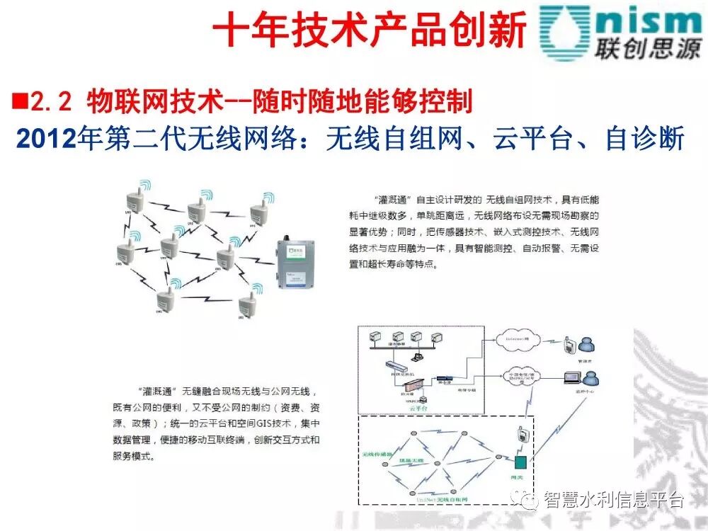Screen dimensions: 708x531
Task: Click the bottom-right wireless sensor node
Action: click(x=248, y=305)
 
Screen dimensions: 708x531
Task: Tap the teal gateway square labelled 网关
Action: click(x=520, y=463)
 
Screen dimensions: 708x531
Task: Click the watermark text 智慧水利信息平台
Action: click(x=613, y=501)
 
